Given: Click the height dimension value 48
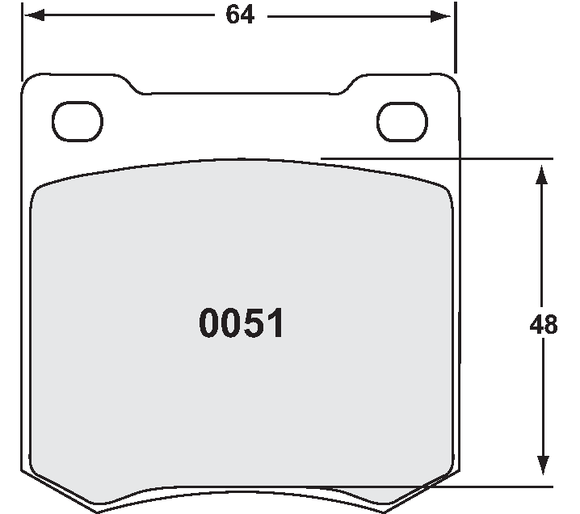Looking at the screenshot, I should [544, 325].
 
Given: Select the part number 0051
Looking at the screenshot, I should [241, 324].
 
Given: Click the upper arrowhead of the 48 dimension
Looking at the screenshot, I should [540, 172].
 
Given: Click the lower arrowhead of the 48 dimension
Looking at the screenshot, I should [540, 475].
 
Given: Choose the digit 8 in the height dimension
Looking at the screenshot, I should [551, 325].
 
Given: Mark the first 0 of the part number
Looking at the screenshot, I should [208, 324].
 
